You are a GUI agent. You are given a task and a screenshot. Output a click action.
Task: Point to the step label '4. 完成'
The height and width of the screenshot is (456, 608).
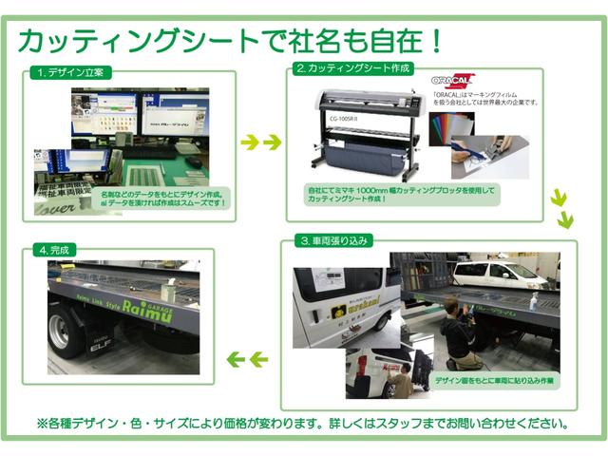[55, 250]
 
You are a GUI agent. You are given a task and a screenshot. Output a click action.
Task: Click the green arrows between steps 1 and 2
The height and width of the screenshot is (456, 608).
[260, 142]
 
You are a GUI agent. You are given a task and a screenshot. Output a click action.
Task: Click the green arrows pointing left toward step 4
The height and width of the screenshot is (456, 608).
[245, 359]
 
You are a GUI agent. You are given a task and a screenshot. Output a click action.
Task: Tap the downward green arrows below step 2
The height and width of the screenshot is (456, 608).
[561, 208]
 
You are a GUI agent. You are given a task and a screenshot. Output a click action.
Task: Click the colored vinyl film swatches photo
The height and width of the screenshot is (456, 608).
[450, 128]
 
